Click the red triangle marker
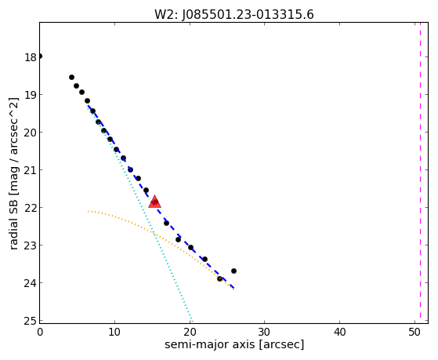point(154,202)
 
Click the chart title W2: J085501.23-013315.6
point(234,15)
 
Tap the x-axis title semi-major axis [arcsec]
point(234,344)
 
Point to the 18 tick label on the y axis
point(31,57)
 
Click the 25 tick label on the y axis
point(31,321)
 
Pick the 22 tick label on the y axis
point(31,208)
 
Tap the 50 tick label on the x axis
point(414,332)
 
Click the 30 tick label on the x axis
point(265,332)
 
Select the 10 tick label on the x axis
point(114,332)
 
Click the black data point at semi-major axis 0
point(40,56)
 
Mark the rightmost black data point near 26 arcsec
point(233,271)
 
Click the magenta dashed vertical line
point(420,173)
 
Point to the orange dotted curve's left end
point(88,211)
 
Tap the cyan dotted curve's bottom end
point(192,321)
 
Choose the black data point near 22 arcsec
point(205,259)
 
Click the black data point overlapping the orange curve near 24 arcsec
point(220,278)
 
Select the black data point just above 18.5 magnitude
point(71,77)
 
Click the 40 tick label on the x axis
point(340,332)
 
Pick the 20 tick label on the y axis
point(31,133)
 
